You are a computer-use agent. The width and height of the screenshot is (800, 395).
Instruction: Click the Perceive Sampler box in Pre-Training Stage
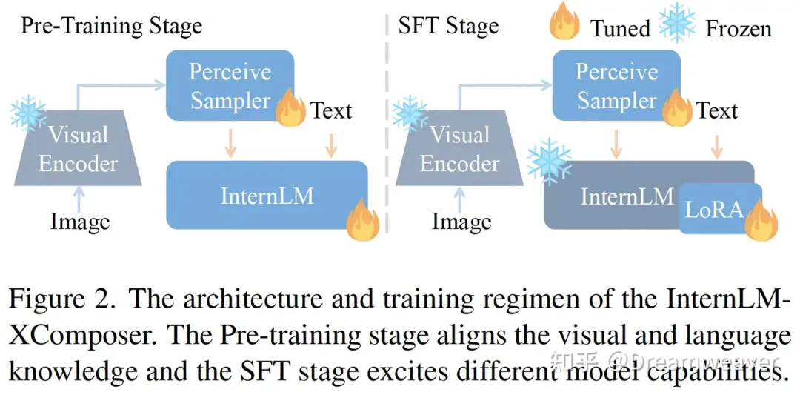click(x=230, y=85)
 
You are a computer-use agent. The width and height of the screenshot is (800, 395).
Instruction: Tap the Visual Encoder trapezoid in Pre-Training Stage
click(x=78, y=150)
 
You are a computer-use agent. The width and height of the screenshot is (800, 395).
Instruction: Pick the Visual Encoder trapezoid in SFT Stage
click(x=459, y=150)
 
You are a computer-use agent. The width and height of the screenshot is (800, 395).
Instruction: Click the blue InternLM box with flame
click(x=267, y=194)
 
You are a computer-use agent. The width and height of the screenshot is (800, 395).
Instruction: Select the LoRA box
click(x=714, y=210)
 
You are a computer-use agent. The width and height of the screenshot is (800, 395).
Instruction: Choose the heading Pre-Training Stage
click(x=111, y=27)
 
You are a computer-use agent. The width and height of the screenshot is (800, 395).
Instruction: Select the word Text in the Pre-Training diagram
click(x=331, y=111)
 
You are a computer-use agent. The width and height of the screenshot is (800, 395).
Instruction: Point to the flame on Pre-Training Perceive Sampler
click(x=291, y=108)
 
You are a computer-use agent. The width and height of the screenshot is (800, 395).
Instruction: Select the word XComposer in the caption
click(x=81, y=336)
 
